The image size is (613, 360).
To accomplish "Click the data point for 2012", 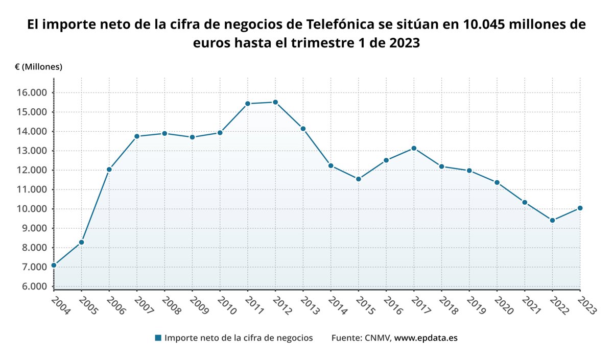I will pos(275,102).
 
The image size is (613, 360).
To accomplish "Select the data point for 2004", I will pos(54,265).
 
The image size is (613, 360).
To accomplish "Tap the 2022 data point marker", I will pos(552,221).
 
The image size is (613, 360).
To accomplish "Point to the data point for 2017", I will pos(414,148).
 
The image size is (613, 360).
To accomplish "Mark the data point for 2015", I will pos(359,179).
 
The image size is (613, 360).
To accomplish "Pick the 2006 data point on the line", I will pos(109,169).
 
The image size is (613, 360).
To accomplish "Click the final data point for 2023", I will pos(580,208).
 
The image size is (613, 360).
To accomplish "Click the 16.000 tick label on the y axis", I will pos(31,92).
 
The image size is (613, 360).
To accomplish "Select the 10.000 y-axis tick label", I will pos(31,209).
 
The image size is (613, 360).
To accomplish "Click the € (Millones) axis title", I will pos(38,67).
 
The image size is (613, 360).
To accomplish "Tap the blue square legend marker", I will pos(158,338).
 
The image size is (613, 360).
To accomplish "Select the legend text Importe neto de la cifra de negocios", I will pos(239,338).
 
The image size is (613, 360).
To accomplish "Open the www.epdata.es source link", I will pos(427,338).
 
